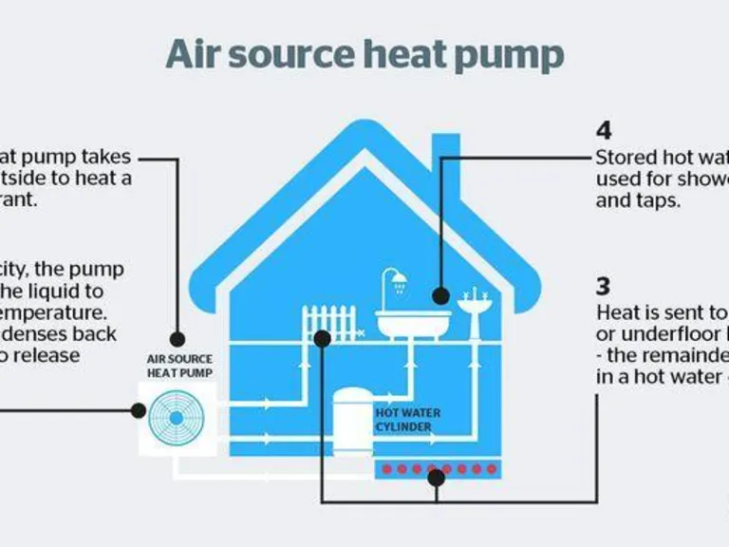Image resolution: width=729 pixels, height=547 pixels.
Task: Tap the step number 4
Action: [x=604, y=131]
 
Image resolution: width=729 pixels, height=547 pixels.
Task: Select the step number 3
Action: [x=604, y=285]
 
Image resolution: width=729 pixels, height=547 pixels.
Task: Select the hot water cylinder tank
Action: [x=350, y=418]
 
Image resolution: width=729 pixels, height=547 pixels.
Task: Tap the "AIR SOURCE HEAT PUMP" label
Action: [x=179, y=366]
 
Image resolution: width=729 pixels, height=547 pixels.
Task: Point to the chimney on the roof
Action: [x=446, y=161]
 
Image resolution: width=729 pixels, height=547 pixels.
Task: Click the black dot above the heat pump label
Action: [x=177, y=337]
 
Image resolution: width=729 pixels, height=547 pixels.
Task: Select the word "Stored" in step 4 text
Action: [x=622, y=157]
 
